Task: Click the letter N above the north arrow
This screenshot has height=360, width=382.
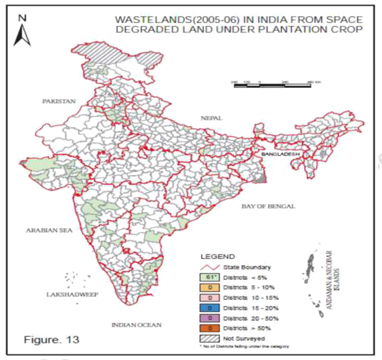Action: coord(23,15)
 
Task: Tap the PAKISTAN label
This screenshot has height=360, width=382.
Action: coord(59,101)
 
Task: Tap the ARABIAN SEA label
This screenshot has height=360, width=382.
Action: coord(47,229)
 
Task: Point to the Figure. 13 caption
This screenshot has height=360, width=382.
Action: coord(52,338)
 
